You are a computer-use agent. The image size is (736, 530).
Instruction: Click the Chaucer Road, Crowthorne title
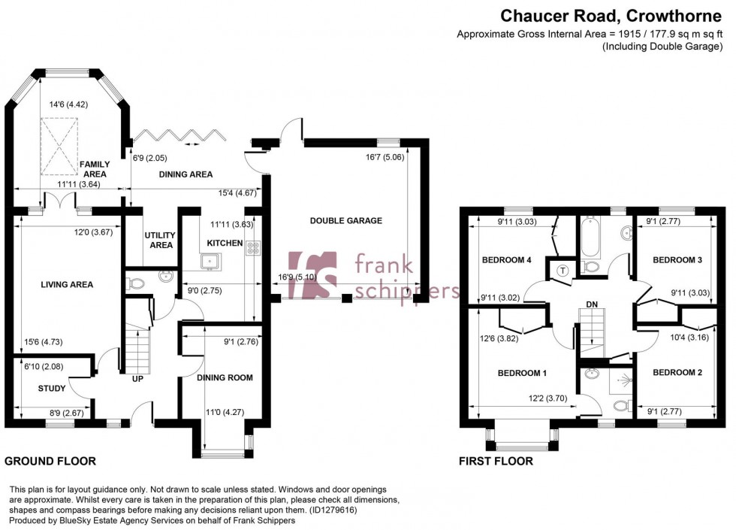pos(612,15)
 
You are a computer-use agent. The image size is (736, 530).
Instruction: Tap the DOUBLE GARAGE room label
pos(346,221)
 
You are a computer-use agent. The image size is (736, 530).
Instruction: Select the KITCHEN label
pos(225,243)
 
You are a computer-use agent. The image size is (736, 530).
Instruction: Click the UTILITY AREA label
pos(159,240)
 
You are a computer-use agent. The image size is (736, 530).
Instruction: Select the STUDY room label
pos(52,389)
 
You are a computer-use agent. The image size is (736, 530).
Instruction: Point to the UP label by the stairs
pos(137,378)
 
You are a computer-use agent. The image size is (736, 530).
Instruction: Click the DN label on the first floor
pos(593,305)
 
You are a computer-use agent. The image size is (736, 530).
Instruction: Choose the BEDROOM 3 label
pos(677,260)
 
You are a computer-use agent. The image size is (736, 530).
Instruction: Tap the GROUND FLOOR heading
pos(50,461)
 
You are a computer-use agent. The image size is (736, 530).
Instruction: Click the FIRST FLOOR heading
pos(496,461)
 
